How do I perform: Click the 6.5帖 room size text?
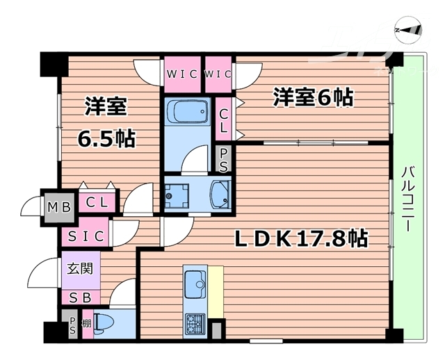click(x=106, y=138)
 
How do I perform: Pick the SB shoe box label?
click(x=81, y=297)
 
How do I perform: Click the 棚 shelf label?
click(x=86, y=324)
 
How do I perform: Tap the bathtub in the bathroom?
click(x=186, y=112)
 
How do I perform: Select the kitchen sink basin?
click(x=194, y=284)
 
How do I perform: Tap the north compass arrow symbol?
click(x=408, y=30)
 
